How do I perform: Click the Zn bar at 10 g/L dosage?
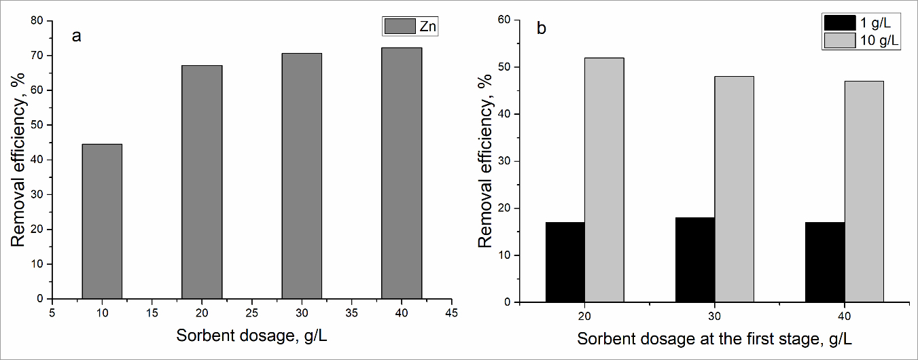point(102,221)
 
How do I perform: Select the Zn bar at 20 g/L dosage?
point(202,182)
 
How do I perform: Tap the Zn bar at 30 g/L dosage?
point(302,176)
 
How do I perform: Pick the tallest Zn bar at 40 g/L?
point(402,173)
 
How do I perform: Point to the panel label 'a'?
point(77,36)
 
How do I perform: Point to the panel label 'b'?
point(541,29)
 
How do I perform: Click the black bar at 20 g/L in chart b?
point(565,262)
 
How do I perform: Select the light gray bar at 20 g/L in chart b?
point(604,180)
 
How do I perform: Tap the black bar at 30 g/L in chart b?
point(695,259)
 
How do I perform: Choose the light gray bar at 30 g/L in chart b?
point(734,190)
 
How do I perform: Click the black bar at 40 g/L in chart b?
point(825,262)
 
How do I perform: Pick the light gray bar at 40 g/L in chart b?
point(864,192)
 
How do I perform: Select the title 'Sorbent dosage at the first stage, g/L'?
point(714,338)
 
